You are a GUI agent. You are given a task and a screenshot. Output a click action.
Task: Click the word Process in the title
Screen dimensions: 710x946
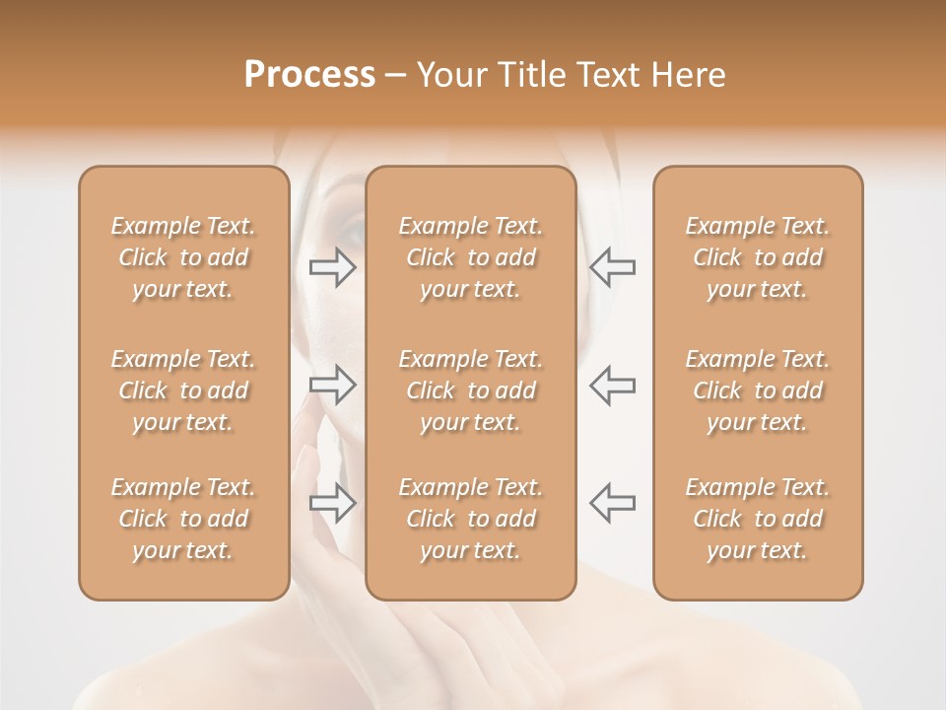[x=309, y=75]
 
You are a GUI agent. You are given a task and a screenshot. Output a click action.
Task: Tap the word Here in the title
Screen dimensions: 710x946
[x=689, y=75]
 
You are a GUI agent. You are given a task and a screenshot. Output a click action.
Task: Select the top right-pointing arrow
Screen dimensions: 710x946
[x=333, y=267]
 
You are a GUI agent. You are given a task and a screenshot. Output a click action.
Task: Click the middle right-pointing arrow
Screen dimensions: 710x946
[x=333, y=385]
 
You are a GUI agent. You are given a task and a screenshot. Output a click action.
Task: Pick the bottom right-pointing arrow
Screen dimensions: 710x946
[x=333, y=502]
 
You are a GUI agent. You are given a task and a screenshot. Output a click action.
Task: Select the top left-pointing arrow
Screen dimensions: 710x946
[x=612, y=267]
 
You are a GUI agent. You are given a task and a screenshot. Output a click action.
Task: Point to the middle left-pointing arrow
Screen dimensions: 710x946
[x=612, y=385]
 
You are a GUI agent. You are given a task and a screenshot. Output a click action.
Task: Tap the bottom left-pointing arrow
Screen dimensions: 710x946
[x=612, y=502]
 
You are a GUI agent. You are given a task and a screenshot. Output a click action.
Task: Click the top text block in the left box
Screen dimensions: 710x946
[x=183, y=257]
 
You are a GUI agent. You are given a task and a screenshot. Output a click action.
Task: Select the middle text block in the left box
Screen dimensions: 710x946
[x=183, y=390]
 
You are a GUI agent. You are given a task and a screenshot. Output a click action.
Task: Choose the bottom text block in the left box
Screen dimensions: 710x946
[x=183, y=519]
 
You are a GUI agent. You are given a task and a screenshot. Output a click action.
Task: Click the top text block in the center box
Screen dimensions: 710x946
[x=471, y=257]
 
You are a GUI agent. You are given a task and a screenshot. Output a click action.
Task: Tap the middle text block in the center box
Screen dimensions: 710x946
[x=471, y=390]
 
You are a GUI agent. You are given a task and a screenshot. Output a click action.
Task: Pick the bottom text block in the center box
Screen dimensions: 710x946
[x=471, y=519]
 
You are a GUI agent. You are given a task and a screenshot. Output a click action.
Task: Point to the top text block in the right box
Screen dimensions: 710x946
[x=758, y=257]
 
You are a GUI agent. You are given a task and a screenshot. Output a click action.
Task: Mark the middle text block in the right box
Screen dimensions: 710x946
[x=758, y=390]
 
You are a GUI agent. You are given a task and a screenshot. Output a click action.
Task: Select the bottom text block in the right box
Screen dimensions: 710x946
[x=758, y=519]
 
